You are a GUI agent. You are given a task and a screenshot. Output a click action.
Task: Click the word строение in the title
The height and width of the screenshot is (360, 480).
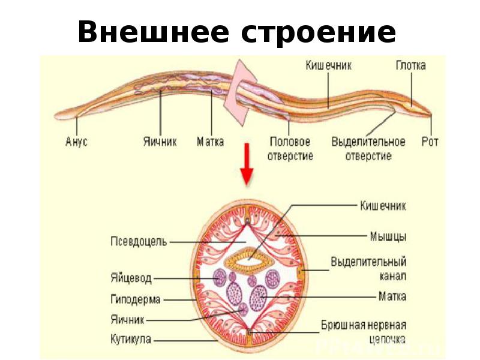(319, 32)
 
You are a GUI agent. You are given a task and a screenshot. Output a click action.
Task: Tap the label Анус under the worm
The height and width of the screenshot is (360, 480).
(76, 142)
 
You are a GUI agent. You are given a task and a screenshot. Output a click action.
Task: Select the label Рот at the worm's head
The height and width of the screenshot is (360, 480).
(430, 142)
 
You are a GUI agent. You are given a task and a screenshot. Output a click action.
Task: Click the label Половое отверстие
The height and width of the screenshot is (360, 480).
(290, 149)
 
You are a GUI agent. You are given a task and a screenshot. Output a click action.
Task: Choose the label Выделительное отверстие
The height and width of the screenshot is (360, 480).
(368, 149)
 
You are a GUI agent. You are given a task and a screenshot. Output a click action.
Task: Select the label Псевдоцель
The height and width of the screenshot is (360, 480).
(139, 241)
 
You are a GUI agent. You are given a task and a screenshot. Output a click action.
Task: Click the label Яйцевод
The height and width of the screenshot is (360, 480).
(131, 279)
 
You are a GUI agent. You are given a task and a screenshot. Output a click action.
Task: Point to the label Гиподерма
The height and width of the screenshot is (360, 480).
(134, 298)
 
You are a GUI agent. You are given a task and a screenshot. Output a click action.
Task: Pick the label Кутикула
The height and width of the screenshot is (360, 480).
(131, 339)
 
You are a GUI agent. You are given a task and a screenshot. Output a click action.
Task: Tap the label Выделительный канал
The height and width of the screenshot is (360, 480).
(368, 269)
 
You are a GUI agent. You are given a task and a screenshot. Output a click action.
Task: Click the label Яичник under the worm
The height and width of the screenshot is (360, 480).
(160, 142)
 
